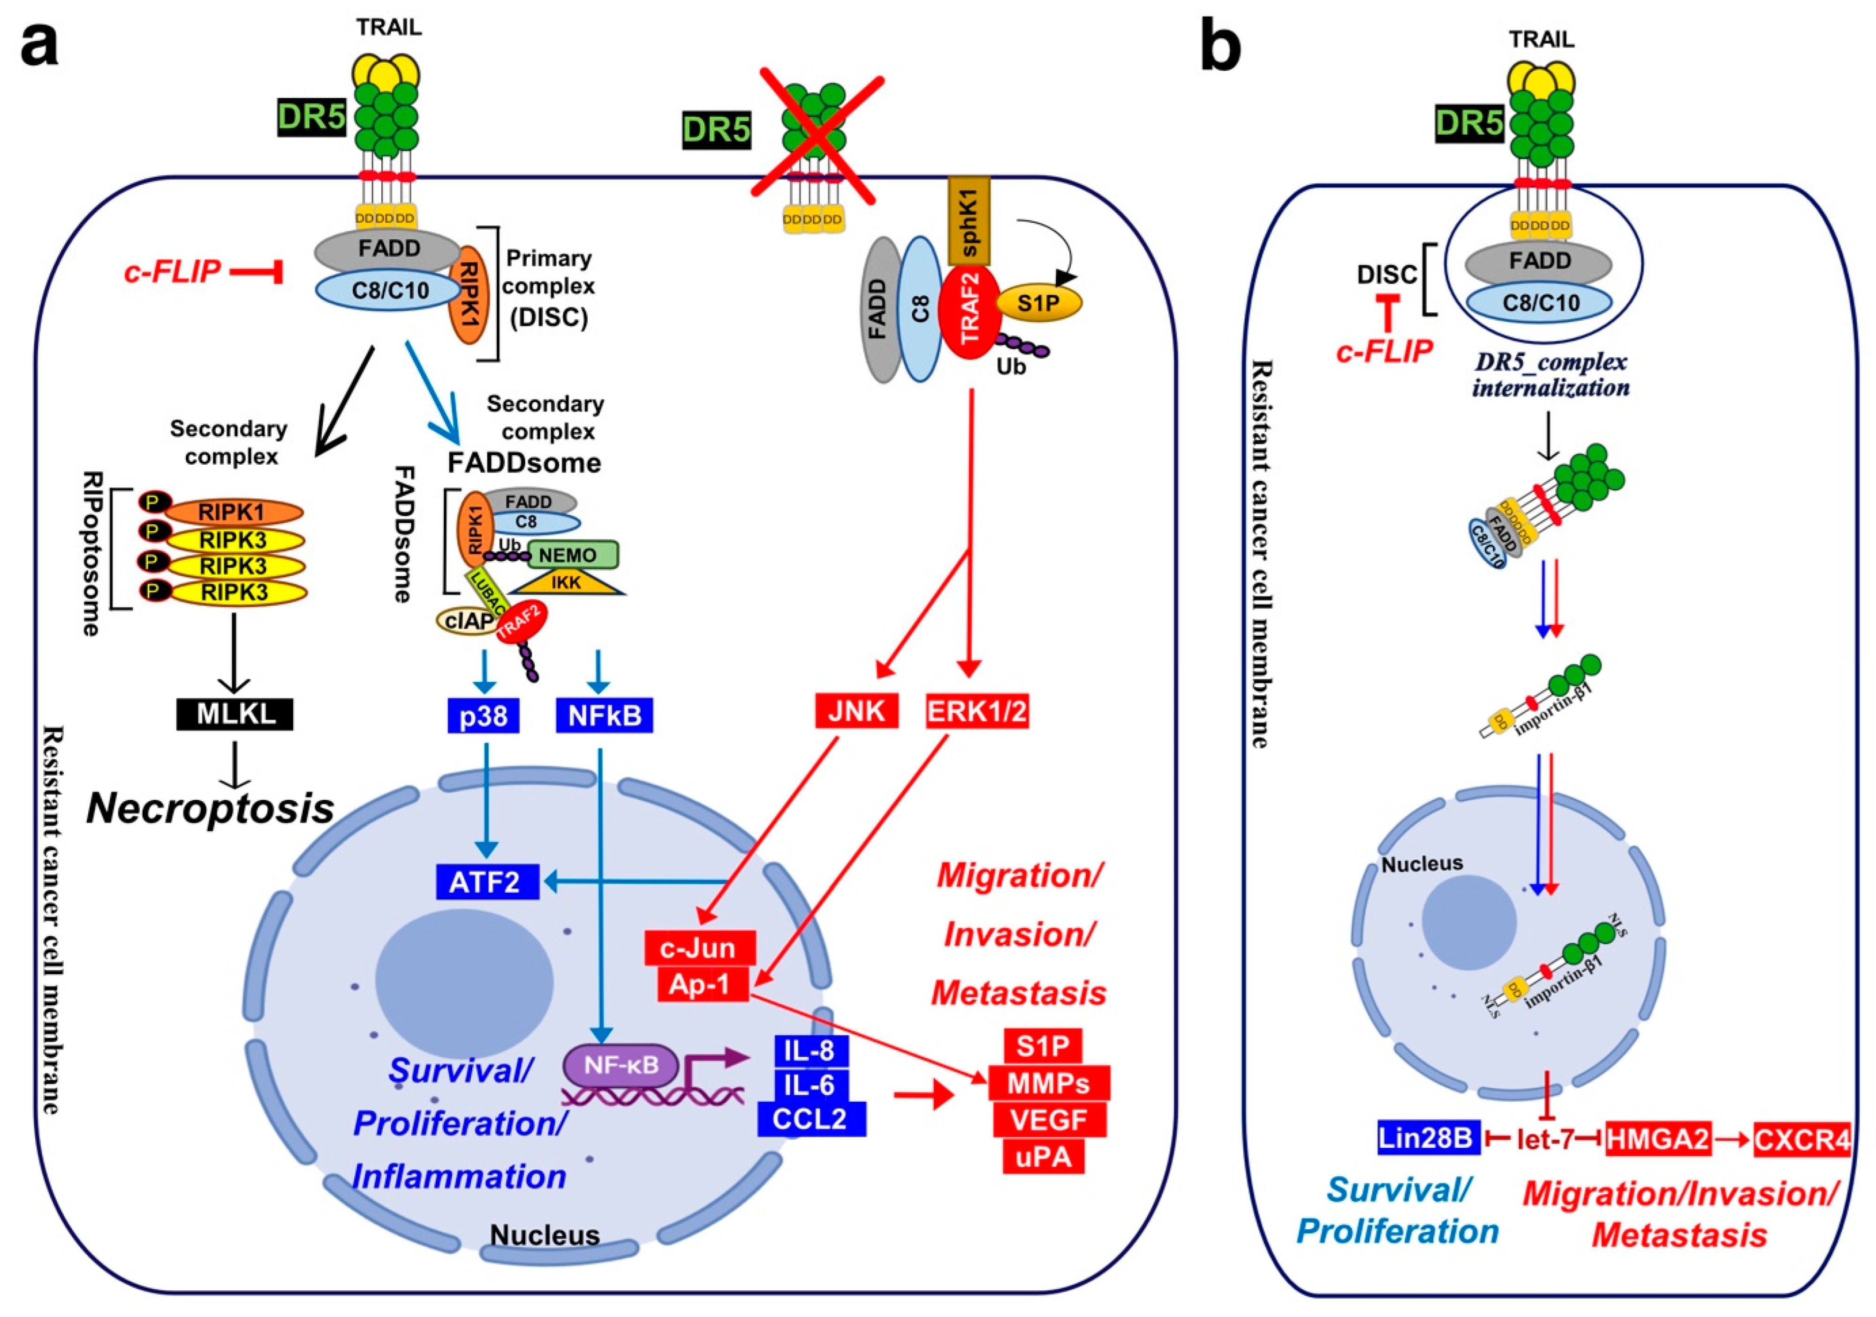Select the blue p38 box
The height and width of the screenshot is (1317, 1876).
coord(483,715)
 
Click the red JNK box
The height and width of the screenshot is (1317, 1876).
coord(856,711)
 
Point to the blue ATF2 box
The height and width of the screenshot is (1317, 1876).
coord(487,882)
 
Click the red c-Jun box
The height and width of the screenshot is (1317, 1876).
coord(699,948)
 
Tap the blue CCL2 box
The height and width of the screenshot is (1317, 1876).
coord(810,1119)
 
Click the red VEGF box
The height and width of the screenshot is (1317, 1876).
coord(1049,1119)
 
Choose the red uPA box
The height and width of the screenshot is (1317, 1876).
coord(1044,1156)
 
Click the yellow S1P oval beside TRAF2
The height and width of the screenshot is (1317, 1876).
coord(1038,303)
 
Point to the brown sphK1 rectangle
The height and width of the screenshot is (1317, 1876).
coord(969,220)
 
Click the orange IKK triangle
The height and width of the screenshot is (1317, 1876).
coord(566,582)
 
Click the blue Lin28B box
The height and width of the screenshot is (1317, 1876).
coord(1428,1138)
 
